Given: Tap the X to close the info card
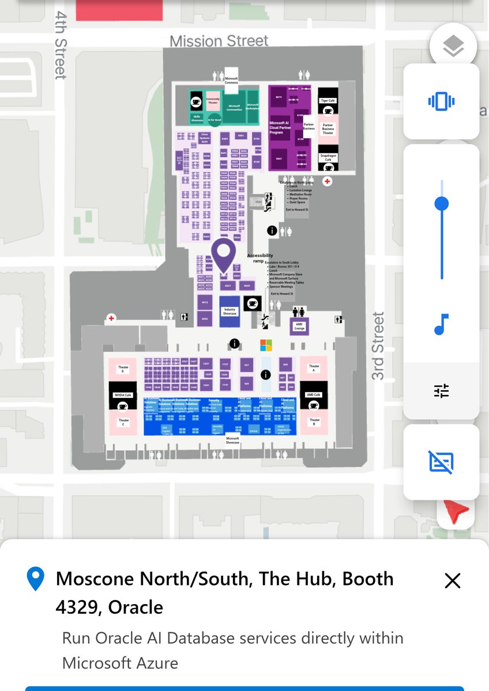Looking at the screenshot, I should (453, 581).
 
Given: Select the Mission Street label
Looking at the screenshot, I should (219, 41).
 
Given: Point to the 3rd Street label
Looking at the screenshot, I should (378, 345).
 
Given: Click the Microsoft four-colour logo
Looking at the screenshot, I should (265, 345).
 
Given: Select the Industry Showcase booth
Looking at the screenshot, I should (230, 312).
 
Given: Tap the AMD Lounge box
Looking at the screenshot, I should (299, 326).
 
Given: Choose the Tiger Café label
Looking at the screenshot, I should (328, 100).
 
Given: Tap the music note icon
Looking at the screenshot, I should (441, 325).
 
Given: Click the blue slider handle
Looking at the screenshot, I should (442, 203).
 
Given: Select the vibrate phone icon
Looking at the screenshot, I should (441, 102).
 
